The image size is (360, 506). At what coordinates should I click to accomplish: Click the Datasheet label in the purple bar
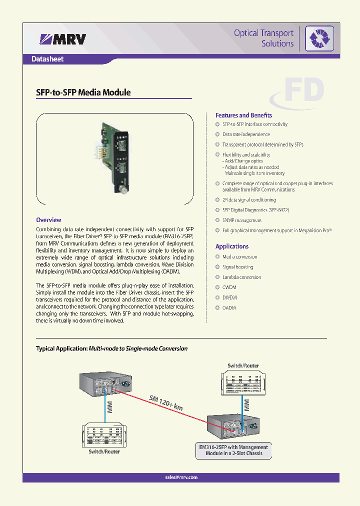tap(47, 59)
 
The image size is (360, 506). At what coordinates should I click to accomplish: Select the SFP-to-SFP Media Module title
tap(83, 92)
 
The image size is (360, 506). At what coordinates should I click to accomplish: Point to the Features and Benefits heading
tap(243, 115)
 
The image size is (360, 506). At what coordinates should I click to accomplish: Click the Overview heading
tap(48, 219)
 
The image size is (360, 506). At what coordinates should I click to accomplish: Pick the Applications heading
tap(231, 246)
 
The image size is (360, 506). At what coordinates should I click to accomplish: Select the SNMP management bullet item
tap(242, 220)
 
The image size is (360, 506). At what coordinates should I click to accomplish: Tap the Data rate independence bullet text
tap(246, 134)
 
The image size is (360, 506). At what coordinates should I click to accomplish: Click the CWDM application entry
tap(229, 287)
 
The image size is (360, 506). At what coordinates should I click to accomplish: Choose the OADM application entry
tap(229, 308)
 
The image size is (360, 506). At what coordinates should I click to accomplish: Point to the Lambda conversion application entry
tap(241, 277)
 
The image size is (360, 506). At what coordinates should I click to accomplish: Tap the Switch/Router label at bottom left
tap(104, 451)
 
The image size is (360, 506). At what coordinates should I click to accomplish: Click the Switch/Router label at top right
tap(243, 366)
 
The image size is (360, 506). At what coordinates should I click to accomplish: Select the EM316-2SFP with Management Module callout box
tap(234, 450)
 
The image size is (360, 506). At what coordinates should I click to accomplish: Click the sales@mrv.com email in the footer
tap(181, 477)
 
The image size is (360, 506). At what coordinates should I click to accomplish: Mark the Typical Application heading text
tap(111, 348)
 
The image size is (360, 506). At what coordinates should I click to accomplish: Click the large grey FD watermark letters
tap(303, 91)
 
